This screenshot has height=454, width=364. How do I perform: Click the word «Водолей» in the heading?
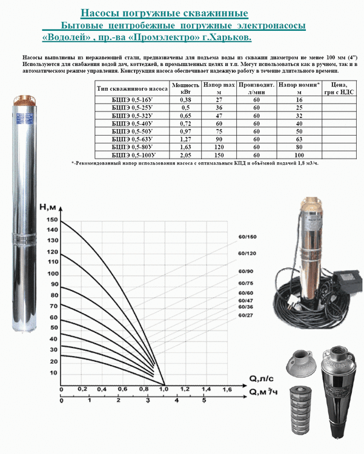coord(66,38)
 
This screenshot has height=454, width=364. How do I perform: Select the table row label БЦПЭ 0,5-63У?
coord(132,139)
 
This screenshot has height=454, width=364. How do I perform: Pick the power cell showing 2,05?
coord(185,155)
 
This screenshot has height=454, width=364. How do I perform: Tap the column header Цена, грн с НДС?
coord(339,88)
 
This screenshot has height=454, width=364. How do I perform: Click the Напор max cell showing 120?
coord(219,147)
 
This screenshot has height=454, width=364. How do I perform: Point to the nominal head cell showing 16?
coord(299,100)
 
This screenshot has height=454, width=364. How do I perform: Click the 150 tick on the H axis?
coord(53,220)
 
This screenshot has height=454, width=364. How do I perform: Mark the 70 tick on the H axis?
coord(54,306)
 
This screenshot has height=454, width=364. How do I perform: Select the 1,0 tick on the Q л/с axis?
coord(164,389)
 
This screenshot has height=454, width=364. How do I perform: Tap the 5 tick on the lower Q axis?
coord(204,401)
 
